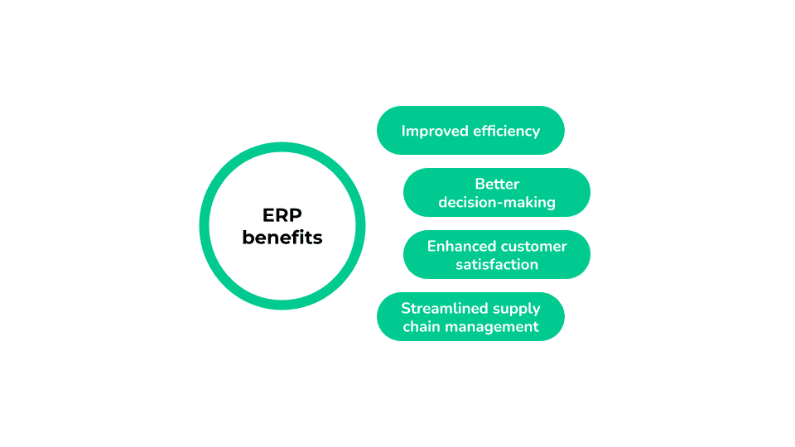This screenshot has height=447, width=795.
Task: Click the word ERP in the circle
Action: click(x=282, y=215)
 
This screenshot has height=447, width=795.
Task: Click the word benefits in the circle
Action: click(x=282, y=238)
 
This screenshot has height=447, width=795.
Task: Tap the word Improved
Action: click(x=435, y=131)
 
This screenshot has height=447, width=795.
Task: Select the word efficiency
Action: click(x=506, y=131)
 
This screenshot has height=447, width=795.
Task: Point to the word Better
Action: click(x=497, y=184)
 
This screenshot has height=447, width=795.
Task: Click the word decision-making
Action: click(x=497, y=202)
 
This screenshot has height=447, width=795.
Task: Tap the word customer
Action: click(x=534, y=246)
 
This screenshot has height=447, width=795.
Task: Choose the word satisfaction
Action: click(x=497, y=264)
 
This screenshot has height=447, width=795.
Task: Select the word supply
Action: click(x=518, y=309)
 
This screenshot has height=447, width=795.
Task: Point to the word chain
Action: click(x=421, y=326)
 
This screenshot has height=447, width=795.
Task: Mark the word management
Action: click(x=492, y=327)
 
